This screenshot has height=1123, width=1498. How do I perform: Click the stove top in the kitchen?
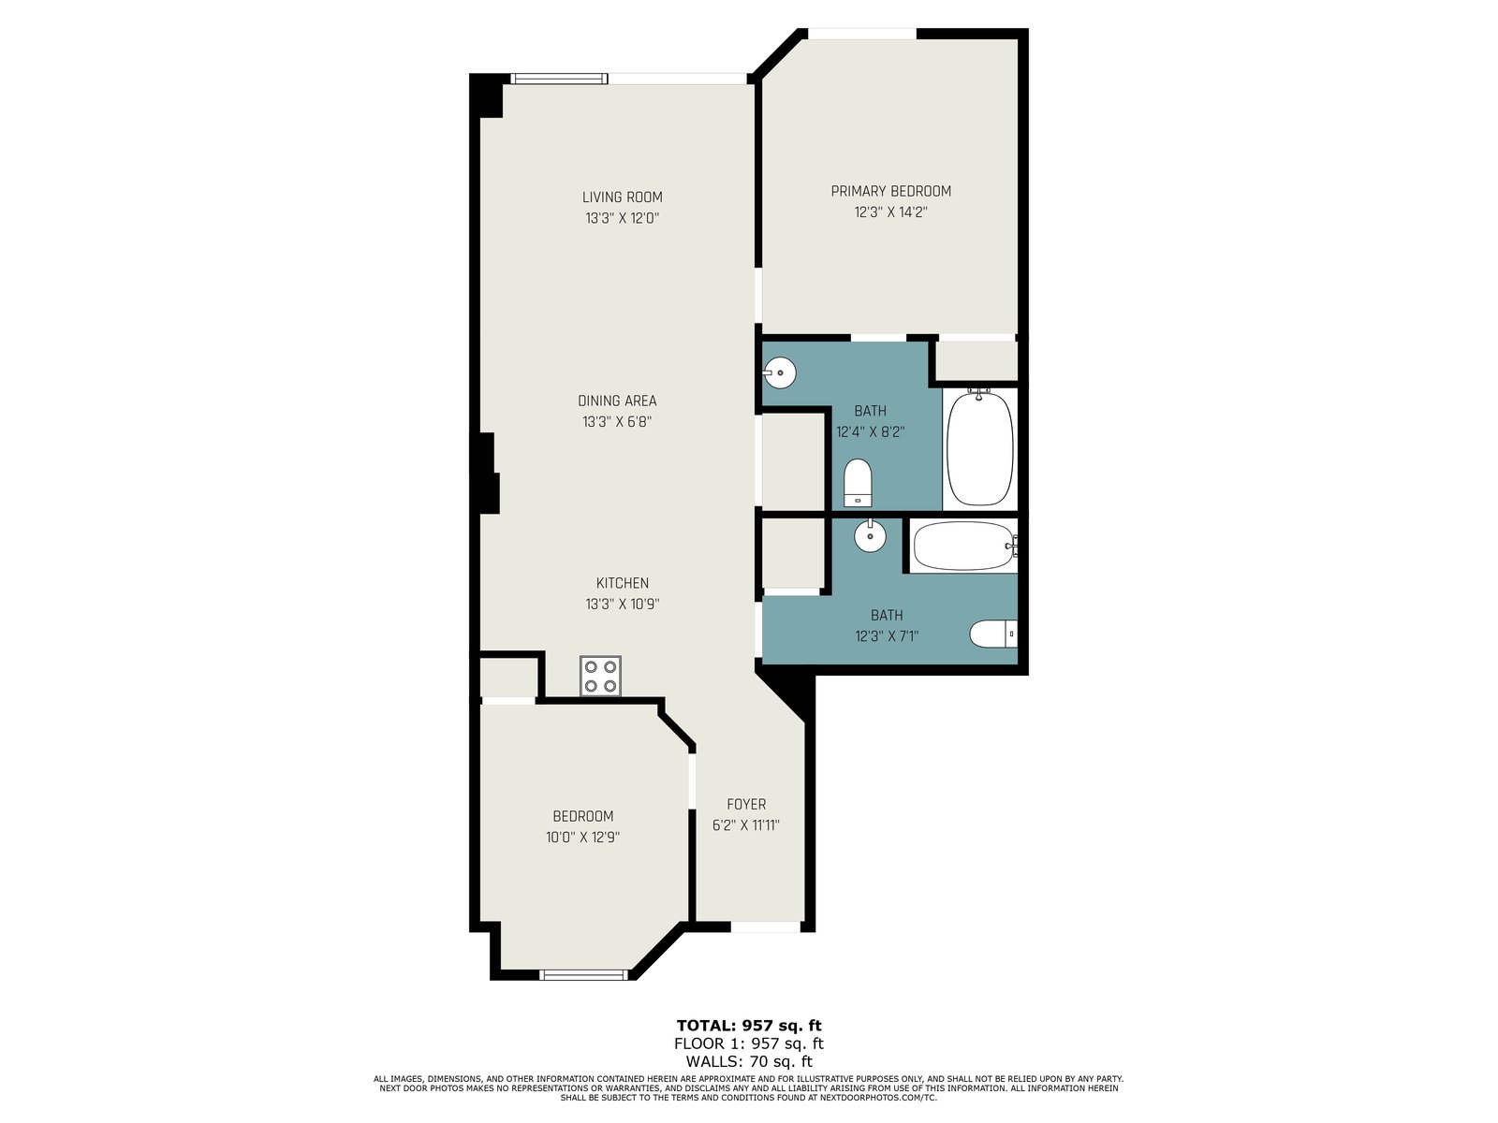(x=600, y=676)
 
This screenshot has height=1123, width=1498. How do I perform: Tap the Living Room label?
(x=622, y=197)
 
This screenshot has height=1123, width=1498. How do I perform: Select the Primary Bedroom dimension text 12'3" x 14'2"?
(x=890, y=212)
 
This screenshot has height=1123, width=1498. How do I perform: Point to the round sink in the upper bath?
(x=779, y=373)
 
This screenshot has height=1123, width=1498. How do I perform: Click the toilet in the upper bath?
(x=858, y=483)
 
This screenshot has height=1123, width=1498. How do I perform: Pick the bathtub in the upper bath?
(x=980, y=447)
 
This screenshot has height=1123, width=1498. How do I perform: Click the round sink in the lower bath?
(x=870, y=536)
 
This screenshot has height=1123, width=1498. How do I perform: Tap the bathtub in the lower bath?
(x=964, y=546)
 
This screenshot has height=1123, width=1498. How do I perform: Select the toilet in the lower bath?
(x=993, y=634)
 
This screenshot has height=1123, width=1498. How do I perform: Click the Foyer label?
(x=746, y=805)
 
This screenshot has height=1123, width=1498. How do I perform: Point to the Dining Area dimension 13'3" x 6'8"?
(x=617, y=422)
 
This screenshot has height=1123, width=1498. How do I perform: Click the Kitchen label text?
(x=622, y=583)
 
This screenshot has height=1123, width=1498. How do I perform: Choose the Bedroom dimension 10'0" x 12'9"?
(x=583, y=838)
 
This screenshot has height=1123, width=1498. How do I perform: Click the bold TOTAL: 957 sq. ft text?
(x=749, y=1026)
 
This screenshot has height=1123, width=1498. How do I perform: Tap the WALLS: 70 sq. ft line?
(x=749, y=1061)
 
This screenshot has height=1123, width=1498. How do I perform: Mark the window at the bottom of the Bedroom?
(x=583, y=974)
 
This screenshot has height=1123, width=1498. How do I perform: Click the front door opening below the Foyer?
(x=765, y=926)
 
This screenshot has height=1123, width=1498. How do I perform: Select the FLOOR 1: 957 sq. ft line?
(x=749, y=1043)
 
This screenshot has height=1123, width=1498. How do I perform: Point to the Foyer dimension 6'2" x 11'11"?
(x=746, y=825)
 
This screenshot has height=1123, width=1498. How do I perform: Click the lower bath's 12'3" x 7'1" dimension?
(x=887, y=637)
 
